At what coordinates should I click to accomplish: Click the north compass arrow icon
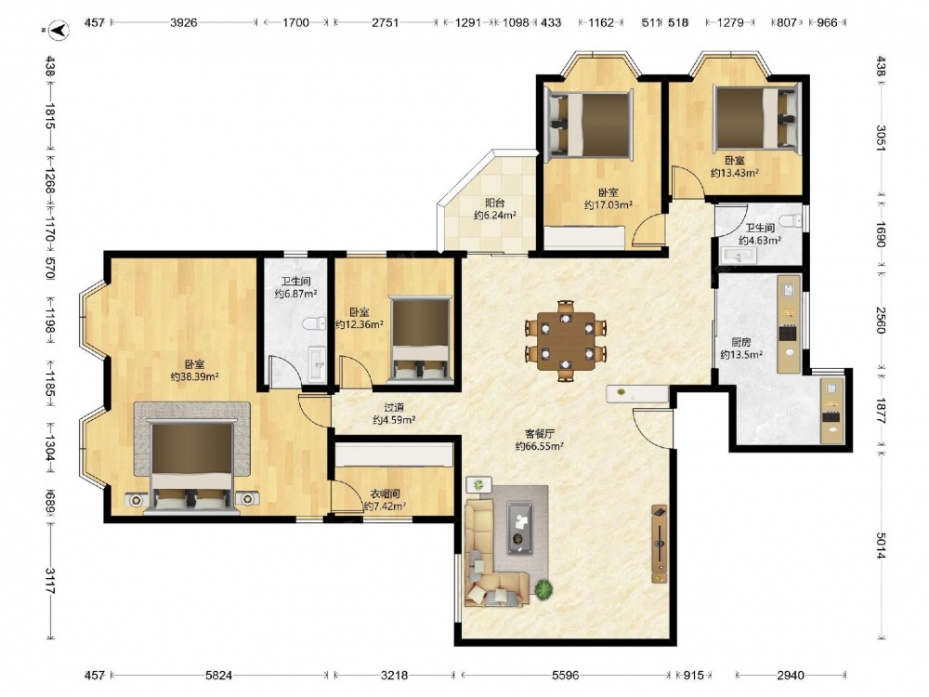click(59, 30)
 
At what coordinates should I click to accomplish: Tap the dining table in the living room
click(566, 340)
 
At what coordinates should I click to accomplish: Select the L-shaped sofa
click(494, 554)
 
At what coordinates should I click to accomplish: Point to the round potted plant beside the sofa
click(543, 589)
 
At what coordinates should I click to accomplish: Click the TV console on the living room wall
click(659, 544)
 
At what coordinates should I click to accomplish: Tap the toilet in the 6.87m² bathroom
click(313, 323)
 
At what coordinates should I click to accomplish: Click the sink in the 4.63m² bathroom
click(739, 256)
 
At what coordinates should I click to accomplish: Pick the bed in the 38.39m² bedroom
click(191, 466)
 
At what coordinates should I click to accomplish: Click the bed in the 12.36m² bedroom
click(420, 339)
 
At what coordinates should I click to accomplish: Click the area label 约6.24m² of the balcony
click(495, 216)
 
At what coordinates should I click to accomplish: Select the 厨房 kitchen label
click(740, 342)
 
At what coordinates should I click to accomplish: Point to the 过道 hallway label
click(394, 408)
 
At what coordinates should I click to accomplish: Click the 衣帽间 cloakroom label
click(385, 493)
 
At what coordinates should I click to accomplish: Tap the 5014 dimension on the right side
click(881, 546)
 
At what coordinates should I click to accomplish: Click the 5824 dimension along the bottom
click(218, 675)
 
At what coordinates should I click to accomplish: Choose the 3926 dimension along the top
click(183, 22)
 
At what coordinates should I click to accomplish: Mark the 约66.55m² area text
click(539, 446)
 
